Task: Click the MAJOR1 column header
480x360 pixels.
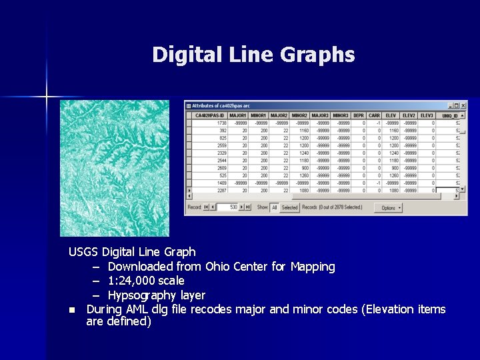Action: [238, 115]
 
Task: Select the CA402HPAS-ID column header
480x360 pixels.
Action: [210, 115]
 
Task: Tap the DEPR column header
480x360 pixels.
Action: [358, 115]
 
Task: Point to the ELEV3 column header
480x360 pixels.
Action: [427, 115]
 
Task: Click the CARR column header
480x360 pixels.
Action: [375, 115]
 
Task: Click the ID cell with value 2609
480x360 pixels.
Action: [221, 168]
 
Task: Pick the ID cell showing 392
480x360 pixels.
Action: [222, 130]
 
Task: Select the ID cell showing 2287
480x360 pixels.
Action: [221, 190]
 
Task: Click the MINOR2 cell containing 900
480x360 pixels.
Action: [303, 168]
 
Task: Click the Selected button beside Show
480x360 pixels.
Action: [289, 207]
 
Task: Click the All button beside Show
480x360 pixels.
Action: [274, 207]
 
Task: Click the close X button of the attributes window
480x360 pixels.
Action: [463, 105]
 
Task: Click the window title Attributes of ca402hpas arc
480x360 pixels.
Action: [223, 105]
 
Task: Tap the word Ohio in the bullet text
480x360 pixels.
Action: [217, 267]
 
